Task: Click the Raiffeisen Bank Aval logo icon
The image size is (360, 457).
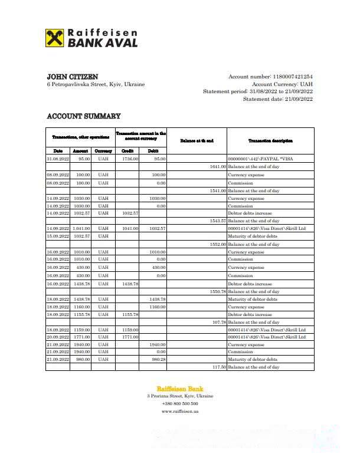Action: tap(55, 38)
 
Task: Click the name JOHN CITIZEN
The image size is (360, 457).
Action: tap(73, 77)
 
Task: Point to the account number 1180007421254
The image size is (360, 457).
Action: tap(292, 77)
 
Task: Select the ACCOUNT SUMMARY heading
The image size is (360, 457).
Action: tap(83, 116)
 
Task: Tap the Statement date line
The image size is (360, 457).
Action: tap(277, 99)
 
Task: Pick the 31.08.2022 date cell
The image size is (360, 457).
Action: tap(58, 159)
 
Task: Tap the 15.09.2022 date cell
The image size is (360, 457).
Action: tap(58, 236)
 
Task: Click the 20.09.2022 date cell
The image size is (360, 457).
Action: tap(58, 337)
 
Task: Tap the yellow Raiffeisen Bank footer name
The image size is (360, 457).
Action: tap(180, 389)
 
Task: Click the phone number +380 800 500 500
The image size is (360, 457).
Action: tap(180, 403)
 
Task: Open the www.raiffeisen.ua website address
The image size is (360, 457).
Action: tap(180, 411)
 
